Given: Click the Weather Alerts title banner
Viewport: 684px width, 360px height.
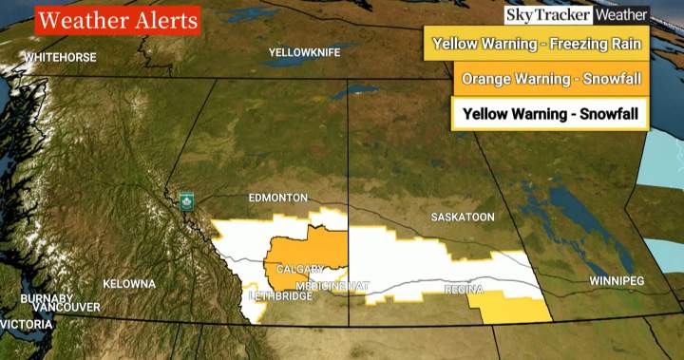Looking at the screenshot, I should [117, 19].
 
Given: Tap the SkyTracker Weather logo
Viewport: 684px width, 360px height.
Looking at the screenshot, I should [576, 15].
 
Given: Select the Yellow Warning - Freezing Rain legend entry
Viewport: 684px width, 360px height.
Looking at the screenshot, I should [538, 44].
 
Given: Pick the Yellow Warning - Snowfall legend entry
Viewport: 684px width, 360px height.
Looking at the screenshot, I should [550, 115].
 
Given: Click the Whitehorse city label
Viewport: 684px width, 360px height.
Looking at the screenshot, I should [60, 57].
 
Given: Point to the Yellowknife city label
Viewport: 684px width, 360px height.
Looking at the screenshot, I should [303, 52].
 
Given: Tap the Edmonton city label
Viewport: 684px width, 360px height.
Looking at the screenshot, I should [277, 198].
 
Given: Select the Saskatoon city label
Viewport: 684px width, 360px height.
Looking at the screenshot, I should [463, 218].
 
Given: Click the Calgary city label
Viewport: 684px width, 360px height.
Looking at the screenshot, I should [300, 270].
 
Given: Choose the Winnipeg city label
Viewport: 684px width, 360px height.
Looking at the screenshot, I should [617, 281].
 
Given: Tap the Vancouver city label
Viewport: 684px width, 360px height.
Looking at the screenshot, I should [66, 308].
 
